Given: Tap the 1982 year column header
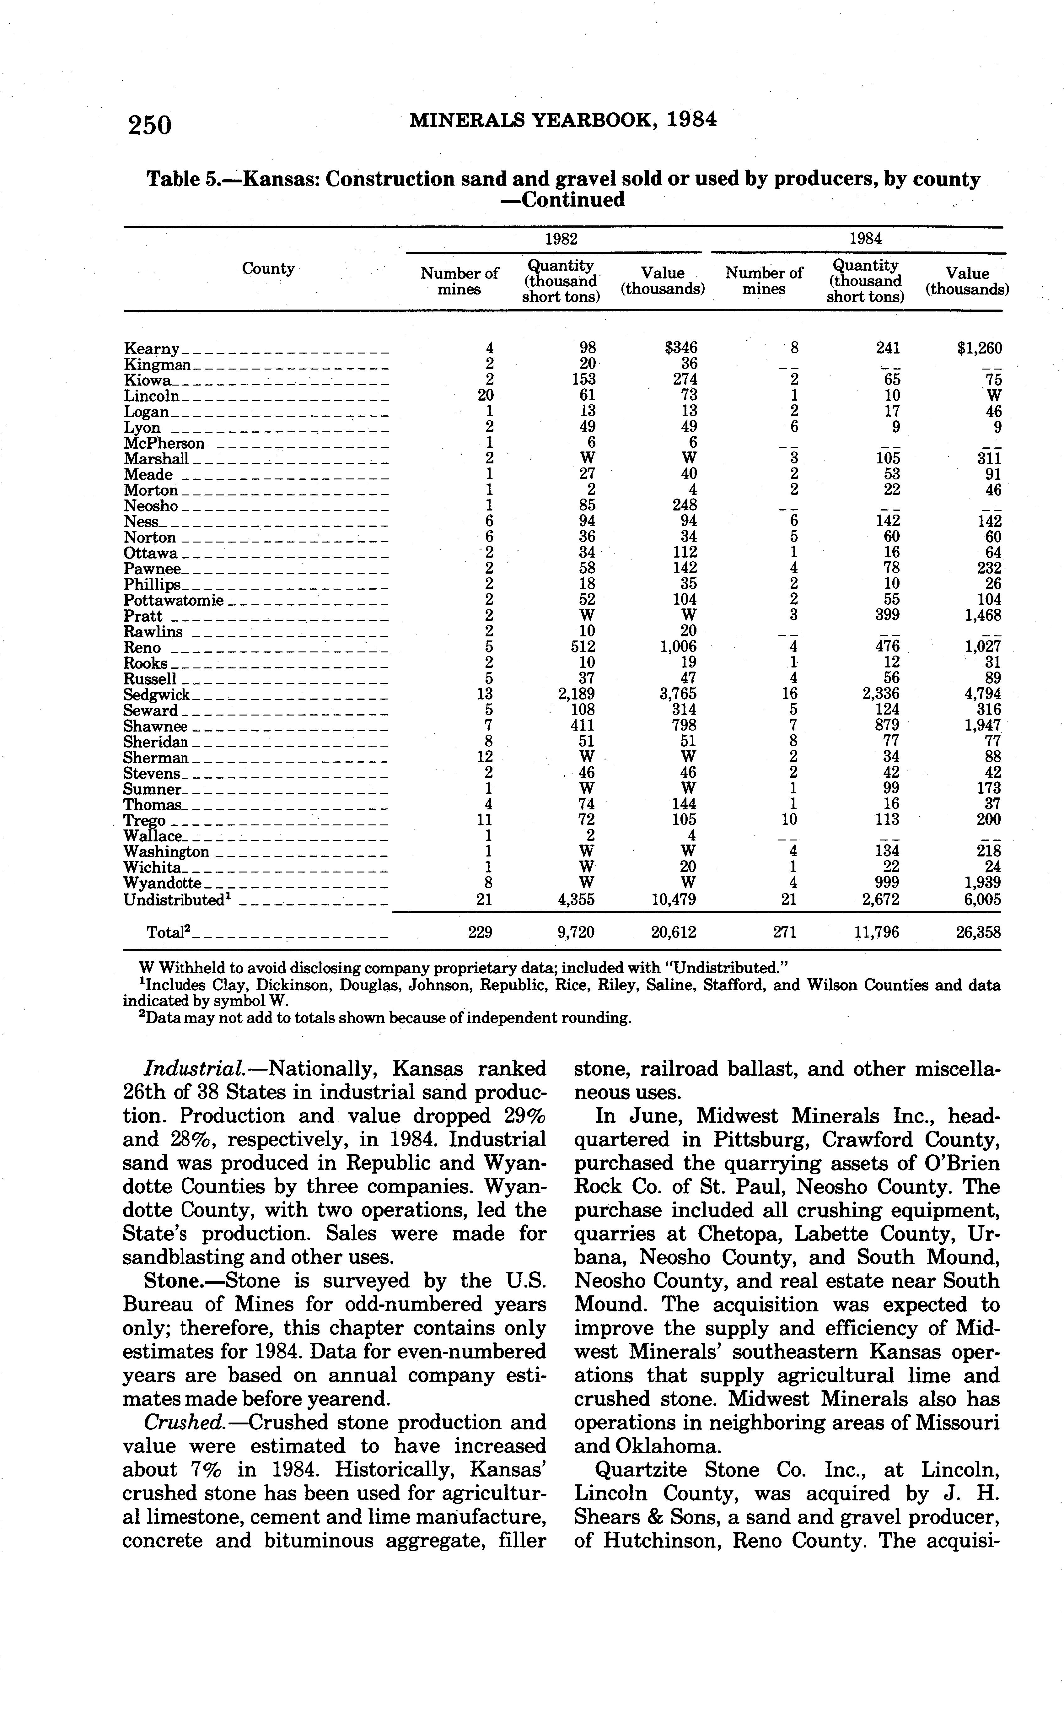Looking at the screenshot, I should (x=561, y=239).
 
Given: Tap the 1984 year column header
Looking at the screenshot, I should (x=865, y=239).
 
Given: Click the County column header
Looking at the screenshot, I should (x=268, y=268).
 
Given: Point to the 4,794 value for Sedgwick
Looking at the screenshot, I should (x=982, y=694).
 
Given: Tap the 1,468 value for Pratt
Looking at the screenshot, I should (x=982, y=615).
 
